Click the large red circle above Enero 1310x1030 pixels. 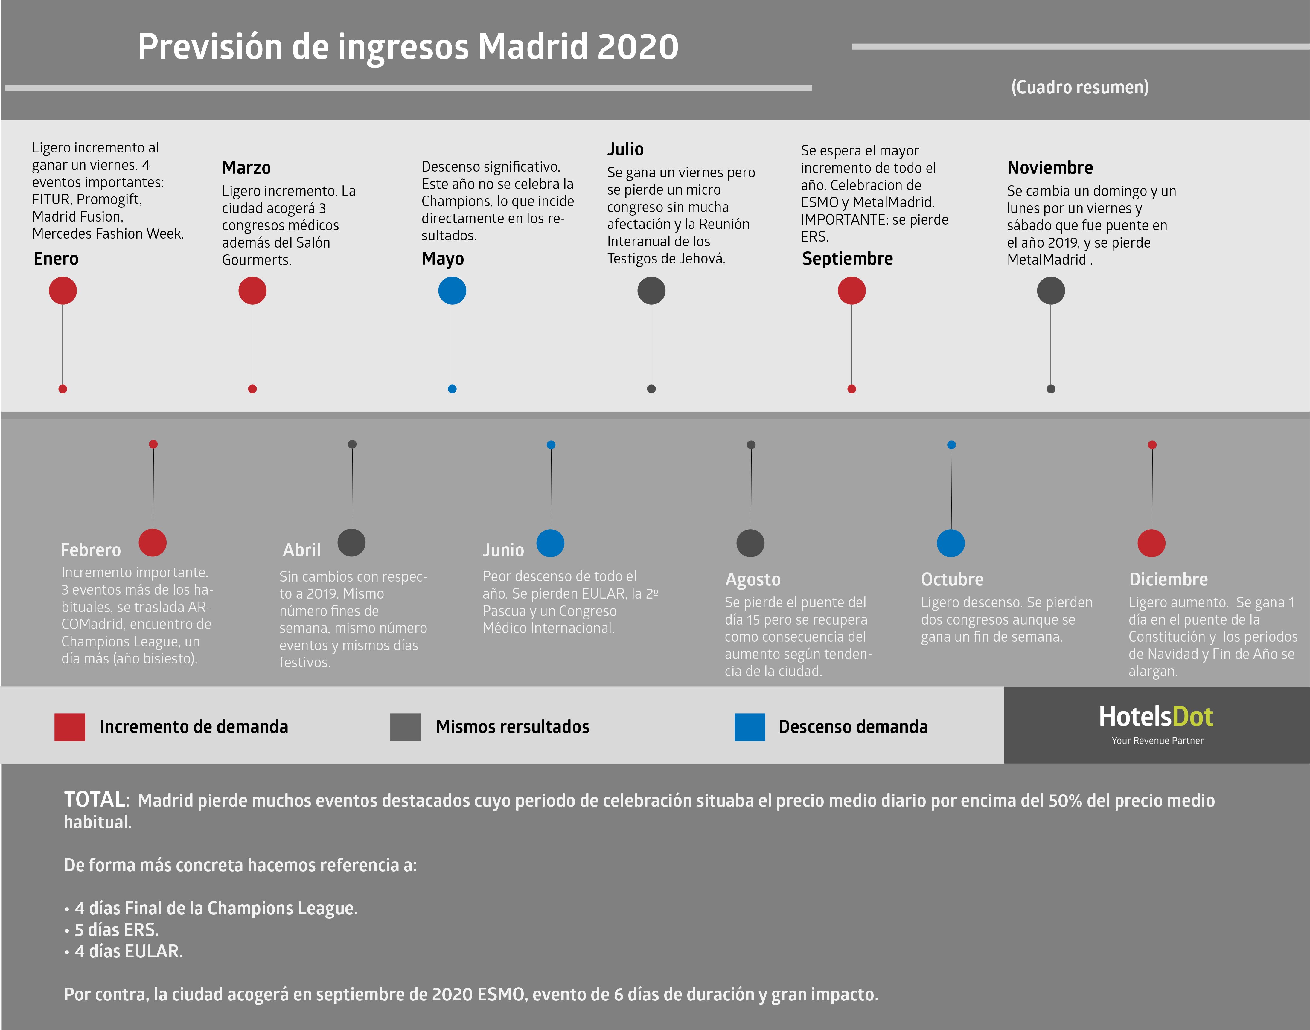click(63, 291)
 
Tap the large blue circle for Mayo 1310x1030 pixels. click(452, 291)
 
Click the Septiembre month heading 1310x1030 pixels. click(847, 259)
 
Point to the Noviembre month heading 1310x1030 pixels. click(1049, 168)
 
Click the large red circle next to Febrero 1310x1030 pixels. click(153, 542)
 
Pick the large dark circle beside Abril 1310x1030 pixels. click(352, 542)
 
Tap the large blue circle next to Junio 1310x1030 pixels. click(550, 543)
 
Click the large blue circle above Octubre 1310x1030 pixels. click(950, 543)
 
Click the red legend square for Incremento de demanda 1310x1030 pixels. click(70, 727)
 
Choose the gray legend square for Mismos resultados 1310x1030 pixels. click(405, 727)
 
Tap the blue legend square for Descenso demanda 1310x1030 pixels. click(750, 727)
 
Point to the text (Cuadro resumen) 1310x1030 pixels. click(1080, 87)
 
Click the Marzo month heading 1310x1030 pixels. click(246, 168)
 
